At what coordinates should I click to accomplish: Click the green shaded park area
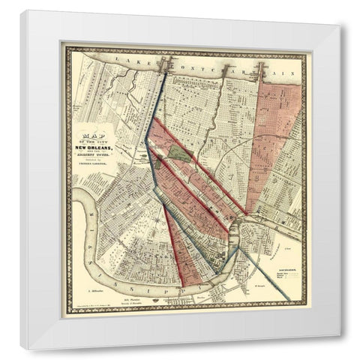tap(178, 152)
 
